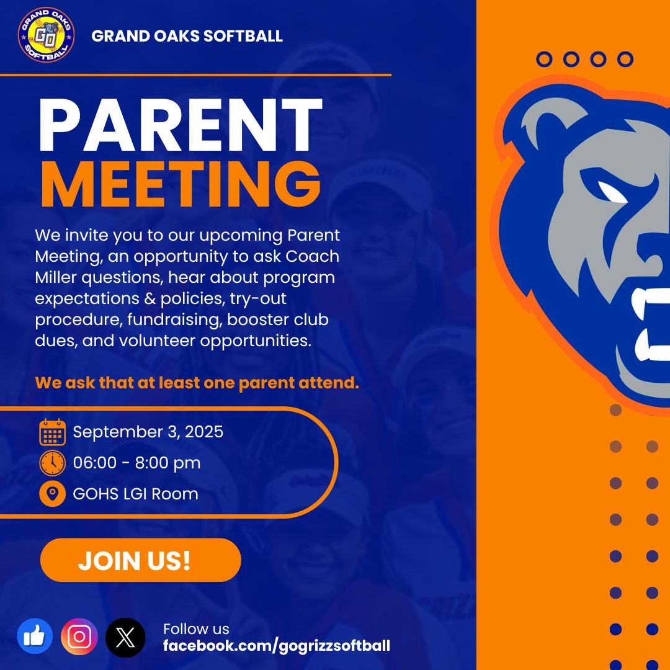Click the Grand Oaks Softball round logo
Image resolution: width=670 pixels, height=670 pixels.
(46, 35)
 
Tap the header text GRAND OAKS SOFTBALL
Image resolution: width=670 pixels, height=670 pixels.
(187, 36)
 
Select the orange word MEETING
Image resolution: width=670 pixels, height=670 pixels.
(181, 184)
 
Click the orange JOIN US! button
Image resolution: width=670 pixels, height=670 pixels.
(140, 560)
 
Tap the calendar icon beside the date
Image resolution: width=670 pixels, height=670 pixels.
(52, 432)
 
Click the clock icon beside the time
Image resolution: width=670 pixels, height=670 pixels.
(52, 463)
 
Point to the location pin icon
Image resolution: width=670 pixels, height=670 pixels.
(52, 494)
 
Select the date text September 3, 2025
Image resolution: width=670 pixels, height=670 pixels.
(148, 432)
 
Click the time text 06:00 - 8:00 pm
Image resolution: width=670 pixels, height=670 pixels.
(136, 463)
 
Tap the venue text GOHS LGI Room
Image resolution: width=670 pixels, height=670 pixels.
(135, 494)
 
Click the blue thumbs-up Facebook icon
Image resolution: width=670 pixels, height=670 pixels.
(35, 637)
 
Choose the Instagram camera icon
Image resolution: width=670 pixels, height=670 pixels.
(79, 637)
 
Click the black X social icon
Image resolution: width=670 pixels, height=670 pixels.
(125, 637)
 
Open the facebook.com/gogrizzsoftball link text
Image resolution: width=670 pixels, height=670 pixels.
(277, 646)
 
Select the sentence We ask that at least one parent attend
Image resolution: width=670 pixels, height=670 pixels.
(197, 383)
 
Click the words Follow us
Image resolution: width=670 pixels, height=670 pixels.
(196, 629)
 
